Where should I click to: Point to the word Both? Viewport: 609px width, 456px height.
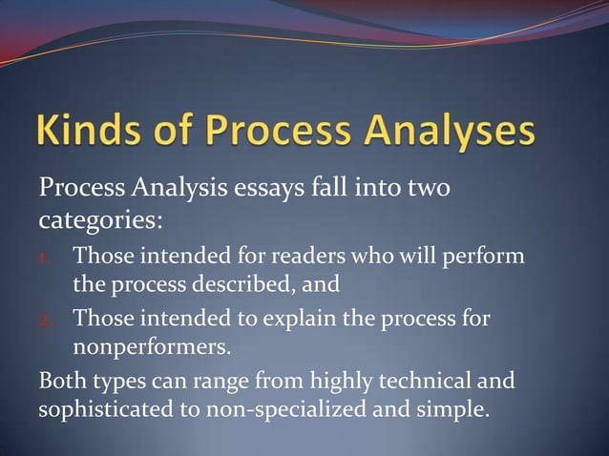click(x=62, y=383)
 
